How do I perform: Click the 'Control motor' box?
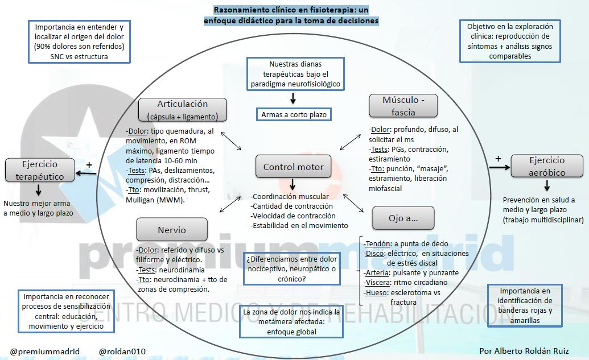click(293, 167)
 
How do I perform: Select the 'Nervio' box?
click(172, 230)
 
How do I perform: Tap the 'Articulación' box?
click(182, 110)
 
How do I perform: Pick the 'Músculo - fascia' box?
click(403, 106)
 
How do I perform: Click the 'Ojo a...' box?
click(403, 218)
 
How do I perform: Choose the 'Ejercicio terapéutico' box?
click(40, 169)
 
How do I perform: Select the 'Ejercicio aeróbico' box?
click(547, 166)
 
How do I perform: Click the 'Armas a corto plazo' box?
click(294, 114)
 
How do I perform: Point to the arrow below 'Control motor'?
click(293, 185)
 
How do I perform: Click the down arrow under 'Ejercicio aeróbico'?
click(547, 185)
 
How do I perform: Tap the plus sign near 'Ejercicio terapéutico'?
click(89, 165)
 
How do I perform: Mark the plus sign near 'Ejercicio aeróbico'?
click(499, 159)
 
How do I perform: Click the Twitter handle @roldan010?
click(122, 351)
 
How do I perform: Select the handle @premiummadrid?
click(45, 351)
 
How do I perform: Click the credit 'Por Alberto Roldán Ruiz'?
click(524, 351)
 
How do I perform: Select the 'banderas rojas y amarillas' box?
click(525, 305)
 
